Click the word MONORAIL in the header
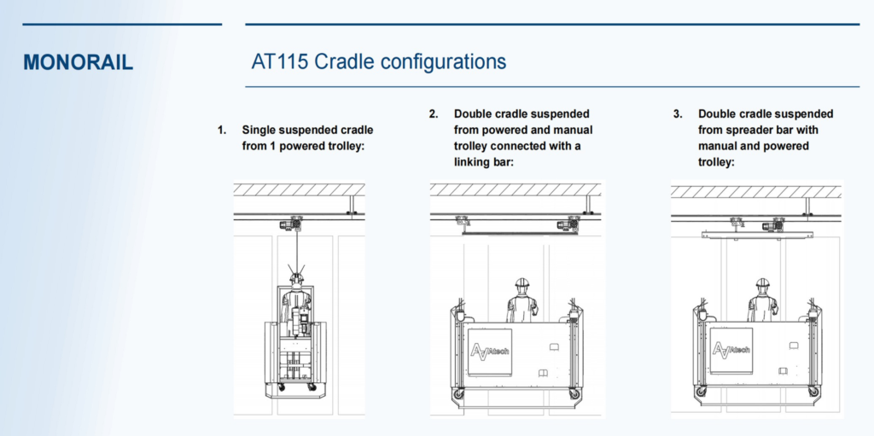point(79,62)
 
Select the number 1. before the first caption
point(222,131)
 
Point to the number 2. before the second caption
point(434,114)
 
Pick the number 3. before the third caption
point(678,114)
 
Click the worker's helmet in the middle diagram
point(521,283)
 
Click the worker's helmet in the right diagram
point(762,283)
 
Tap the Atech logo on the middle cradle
point(490,349)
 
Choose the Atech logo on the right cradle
point(731,349)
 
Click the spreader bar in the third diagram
point(755,233)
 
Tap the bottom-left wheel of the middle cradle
point(459,396)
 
